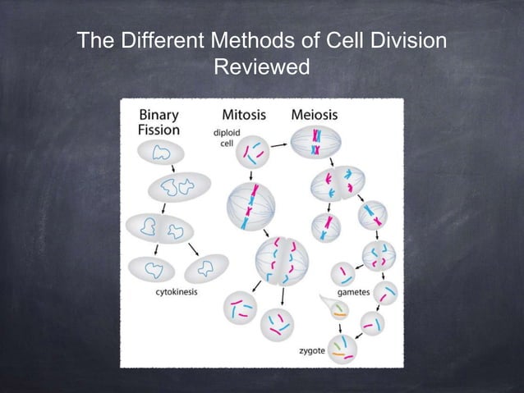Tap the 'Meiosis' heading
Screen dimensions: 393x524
(x=314, y=115)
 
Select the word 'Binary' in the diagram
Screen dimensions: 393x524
(x=159, y=115)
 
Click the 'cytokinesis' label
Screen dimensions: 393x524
(x=176, y=291)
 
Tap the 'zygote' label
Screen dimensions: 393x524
(x=312, y=350)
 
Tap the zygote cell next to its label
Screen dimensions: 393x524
(x=342, y=348)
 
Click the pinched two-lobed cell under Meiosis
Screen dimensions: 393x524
(x=337, y=184)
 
